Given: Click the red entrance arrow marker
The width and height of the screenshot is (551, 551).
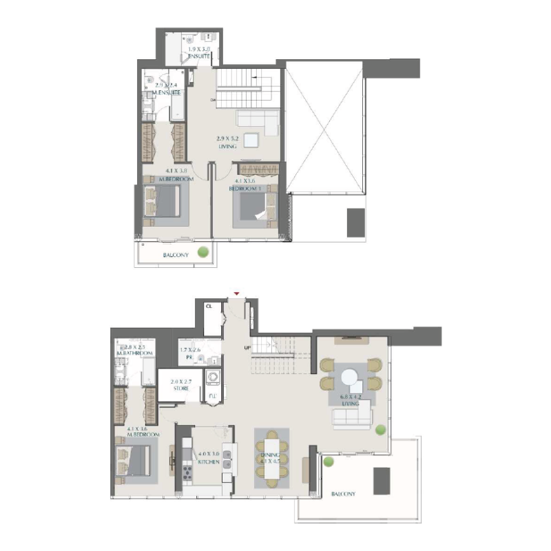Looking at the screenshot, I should point(237,294).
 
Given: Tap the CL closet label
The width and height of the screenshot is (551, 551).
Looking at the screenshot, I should point(209,305).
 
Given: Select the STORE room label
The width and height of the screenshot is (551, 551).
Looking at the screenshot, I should point(180,388).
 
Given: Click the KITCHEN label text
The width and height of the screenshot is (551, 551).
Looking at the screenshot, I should point(209,462).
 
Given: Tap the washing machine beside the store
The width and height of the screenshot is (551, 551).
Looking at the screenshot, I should point(213,377).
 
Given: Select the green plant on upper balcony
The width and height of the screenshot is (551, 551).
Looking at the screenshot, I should point(203,252).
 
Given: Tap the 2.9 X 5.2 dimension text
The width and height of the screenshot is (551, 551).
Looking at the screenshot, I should point(227,138).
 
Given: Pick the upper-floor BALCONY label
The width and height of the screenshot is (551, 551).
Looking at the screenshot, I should point(175,256).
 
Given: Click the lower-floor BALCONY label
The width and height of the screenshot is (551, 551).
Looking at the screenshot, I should point(343,494).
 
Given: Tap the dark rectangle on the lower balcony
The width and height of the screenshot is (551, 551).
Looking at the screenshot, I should point(382,480).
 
